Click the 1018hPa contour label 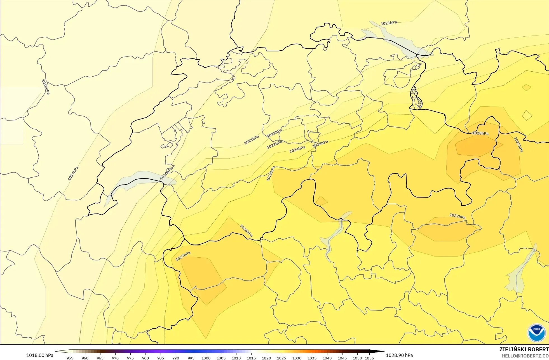coord(45,87)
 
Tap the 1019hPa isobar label coord(73,173)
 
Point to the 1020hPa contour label coord(166,174)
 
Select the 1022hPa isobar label coord(274,133)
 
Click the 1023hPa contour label coord(274,145)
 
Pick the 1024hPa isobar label coord(297,149)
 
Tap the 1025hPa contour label coord(320,144)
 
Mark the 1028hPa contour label coord(480,133)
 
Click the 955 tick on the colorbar coord(70,358)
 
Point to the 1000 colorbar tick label coord(206,358)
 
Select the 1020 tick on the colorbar coord(266,358)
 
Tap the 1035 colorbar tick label coord(312,358)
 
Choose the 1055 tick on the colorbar coord(369,358)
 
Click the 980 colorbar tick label coord(146,358)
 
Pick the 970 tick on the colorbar coord(115,358)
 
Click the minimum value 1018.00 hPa coord(40,355)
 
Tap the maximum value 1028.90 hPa coord(399,355)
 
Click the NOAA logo coord(536,333)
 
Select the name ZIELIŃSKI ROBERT coord(524,349)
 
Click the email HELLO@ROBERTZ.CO coord(525,356)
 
